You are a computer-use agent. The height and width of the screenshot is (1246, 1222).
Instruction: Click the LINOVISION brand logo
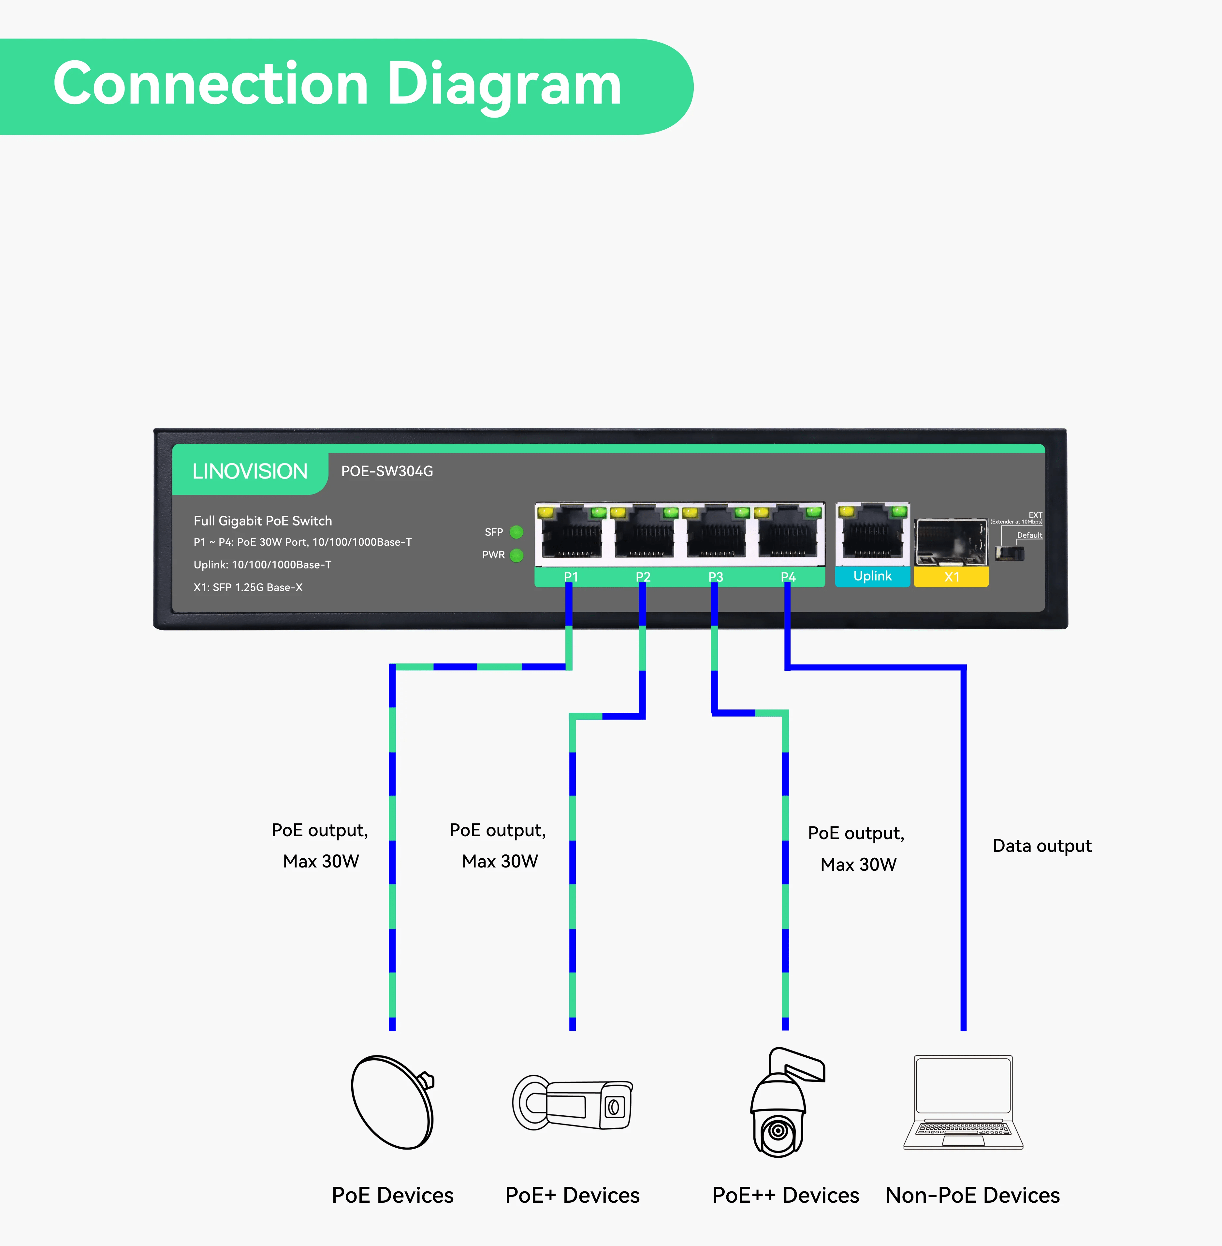tap(250, 472)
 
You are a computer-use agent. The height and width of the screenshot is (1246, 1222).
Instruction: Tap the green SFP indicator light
tap(516, 532)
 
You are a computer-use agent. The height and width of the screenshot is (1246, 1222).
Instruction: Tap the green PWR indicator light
tap(516, 555)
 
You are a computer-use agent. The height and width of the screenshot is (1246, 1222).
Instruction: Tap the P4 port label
tap(788, 577)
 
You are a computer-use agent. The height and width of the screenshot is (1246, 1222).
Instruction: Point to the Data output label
tap(1042, 846)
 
